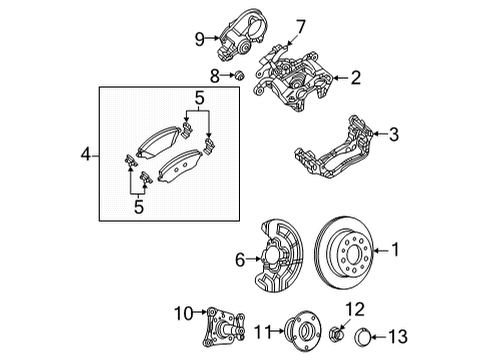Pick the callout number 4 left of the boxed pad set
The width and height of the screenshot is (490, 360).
point(85,155)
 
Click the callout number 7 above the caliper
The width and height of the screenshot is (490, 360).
point(299,24)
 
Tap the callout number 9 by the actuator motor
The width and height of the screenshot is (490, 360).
point(199,40)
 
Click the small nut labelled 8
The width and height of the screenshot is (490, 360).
point(238,75)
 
